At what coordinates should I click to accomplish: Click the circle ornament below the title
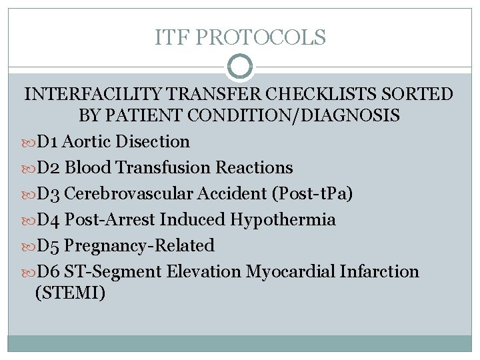(240, 67)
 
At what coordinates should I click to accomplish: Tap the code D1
(49, 141)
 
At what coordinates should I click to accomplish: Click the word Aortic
(88, 141)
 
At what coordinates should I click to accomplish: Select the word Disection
(153, 141)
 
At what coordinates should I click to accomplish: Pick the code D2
(49, 167)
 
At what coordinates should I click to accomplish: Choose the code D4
(49, 219)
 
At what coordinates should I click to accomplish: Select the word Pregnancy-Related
(140, 245)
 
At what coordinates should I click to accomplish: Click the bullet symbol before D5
(28, 246)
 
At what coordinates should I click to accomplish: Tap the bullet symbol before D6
(28, 272)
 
